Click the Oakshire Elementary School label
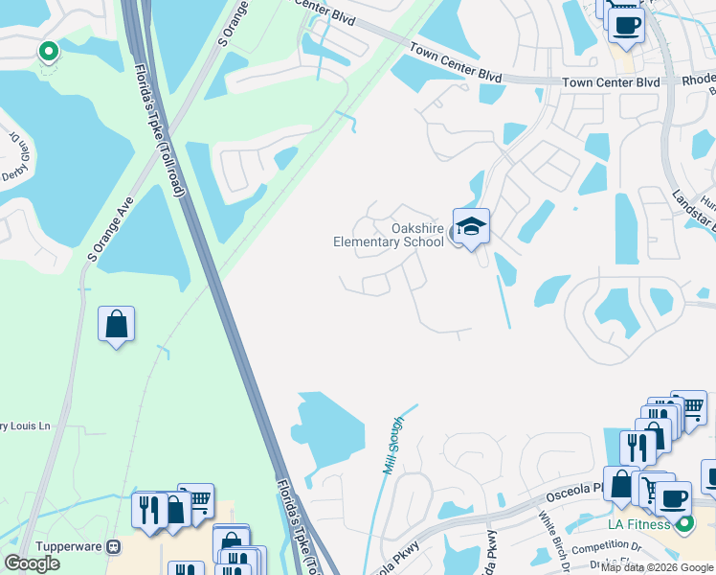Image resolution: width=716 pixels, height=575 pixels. pyautogui.click(x=389, y=235)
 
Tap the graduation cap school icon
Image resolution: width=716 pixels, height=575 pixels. pyautogui.click(x=470, y=226)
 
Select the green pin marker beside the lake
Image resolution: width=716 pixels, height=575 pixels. pyautogui.click(x=47, y=52)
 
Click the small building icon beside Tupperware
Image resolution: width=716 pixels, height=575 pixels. pyautogui.click(x=114, y=546)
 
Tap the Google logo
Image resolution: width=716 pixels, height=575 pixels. pyautogui.click(x=33, y=563)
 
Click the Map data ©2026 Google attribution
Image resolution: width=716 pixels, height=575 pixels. pyautogui.click(x=658, y=567)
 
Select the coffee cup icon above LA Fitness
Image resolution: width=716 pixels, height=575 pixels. pyautogui.click(x=674, y=498)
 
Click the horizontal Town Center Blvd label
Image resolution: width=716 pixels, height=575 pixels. pyautogui.click(x=611, y=83)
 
